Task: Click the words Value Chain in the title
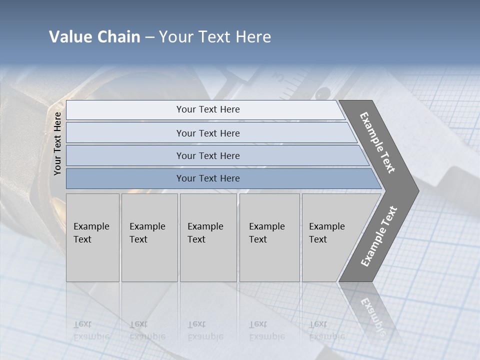click(94, 37)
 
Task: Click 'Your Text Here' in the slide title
click(215, 37)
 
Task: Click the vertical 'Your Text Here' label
click(57, 143)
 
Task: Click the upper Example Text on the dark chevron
click(377, 142)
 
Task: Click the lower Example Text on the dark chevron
click(379, 236)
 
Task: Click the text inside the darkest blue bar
click(208, 178)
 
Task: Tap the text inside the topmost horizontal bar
click(208, 109)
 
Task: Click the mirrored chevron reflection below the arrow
click(370, 310)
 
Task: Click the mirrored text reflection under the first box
click(91, 330)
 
